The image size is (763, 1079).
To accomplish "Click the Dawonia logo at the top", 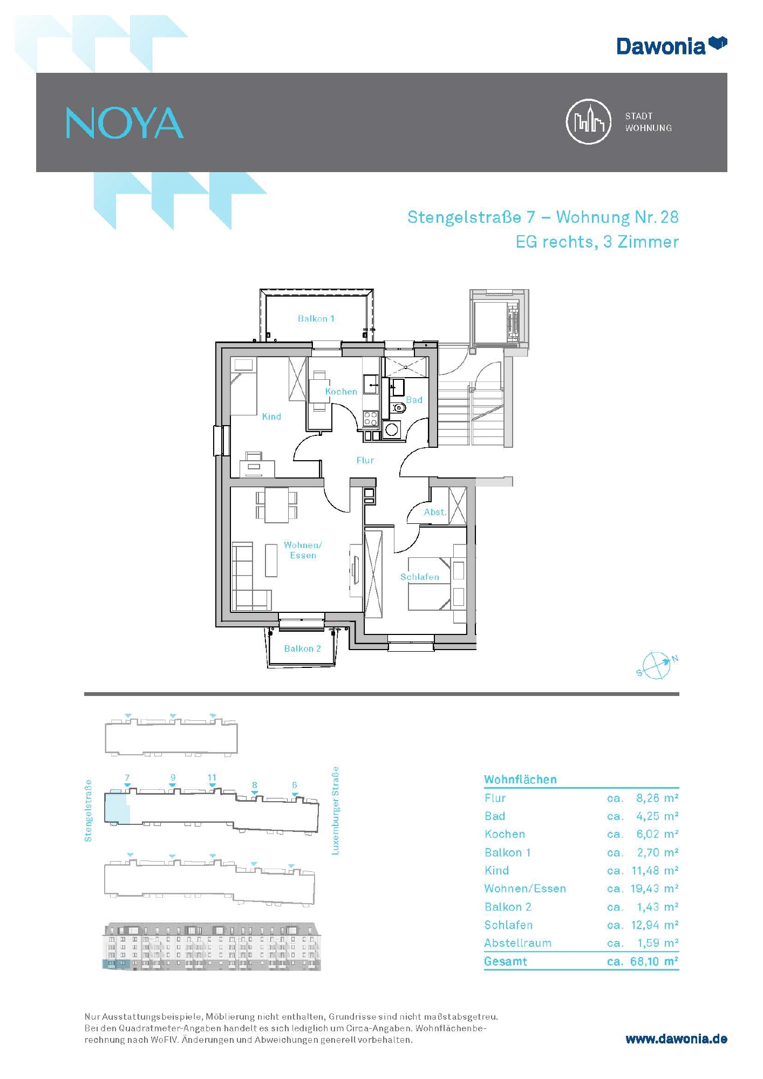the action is (x=672, y=45).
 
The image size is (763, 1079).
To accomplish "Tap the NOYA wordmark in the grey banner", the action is (x=125, y=123).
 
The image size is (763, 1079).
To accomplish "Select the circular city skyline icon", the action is (x=588, y=121).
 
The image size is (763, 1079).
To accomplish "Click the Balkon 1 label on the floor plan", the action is (x=316, y=318).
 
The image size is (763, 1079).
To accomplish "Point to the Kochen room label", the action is (x=341, y=392).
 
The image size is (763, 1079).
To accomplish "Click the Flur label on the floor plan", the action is (x=365, y=460).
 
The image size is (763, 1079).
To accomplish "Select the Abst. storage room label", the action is (x=435, y=512).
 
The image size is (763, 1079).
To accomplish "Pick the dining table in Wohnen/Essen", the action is (x=276, y=505).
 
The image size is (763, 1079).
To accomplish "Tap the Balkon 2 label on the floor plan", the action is (x=303, y=648).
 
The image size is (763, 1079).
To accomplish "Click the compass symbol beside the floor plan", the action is (x=657, y=665).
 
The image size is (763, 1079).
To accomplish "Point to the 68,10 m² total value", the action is (x=654, y=961).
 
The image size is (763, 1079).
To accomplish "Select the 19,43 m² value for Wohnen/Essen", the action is (x=655, y=889).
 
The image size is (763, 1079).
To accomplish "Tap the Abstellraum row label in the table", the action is (x=517, y=943).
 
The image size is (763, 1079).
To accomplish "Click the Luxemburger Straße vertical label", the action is (x=335, y=810).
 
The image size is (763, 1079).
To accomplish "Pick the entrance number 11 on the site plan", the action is (x=212, y=777).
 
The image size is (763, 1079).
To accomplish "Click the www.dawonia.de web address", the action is (x=676, y=1039).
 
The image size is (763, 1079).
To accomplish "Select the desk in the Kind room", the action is (x=257, y=465).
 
